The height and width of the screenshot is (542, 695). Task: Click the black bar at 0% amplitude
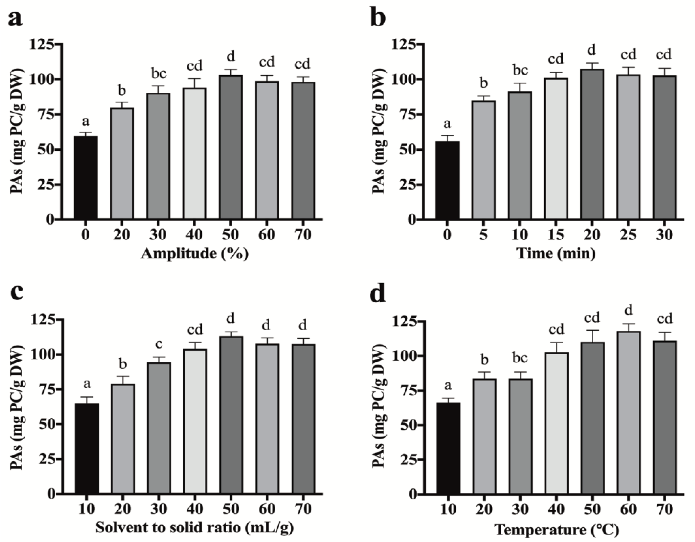coord(86,178)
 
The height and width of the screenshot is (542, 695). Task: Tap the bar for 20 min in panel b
coord(592,144)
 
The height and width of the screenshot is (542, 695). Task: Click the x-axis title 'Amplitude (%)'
coord(194,254)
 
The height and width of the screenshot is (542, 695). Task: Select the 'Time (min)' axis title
coord(556,254)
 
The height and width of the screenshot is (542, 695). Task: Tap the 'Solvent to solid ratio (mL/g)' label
coord(194,527)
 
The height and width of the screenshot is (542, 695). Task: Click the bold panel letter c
coord(17,292)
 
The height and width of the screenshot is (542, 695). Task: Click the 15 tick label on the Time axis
coord(556,235)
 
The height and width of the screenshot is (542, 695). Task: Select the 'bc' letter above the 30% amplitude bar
coord(158,74)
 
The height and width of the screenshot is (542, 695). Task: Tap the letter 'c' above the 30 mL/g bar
coord(158,344)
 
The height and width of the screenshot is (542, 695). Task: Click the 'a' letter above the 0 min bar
coord(447,124)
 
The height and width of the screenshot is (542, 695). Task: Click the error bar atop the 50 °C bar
coord(593,336)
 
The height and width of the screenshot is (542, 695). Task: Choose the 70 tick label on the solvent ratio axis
coord(303,509)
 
